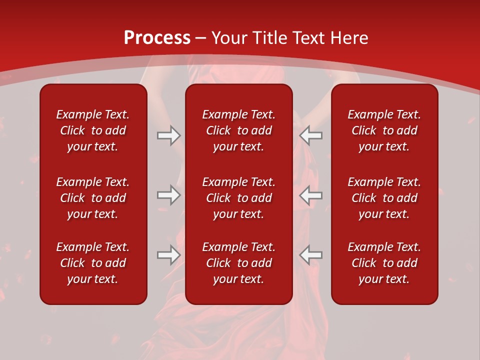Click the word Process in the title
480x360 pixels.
157,38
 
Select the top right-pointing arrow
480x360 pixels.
169,135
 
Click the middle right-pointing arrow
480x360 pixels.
169,195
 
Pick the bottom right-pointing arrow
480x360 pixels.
169,255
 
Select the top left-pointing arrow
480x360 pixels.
311,135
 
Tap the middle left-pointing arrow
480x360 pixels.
311,195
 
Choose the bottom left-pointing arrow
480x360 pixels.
311,255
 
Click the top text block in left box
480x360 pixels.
93,130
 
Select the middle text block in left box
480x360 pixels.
93,198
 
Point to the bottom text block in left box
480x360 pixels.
93,263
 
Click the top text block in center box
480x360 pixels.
239,130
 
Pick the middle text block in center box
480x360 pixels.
239,198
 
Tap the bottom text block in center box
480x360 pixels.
239,263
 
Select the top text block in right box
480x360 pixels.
384,130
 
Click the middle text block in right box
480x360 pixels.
384,198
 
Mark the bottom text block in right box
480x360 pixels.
384,263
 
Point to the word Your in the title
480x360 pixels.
230,38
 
